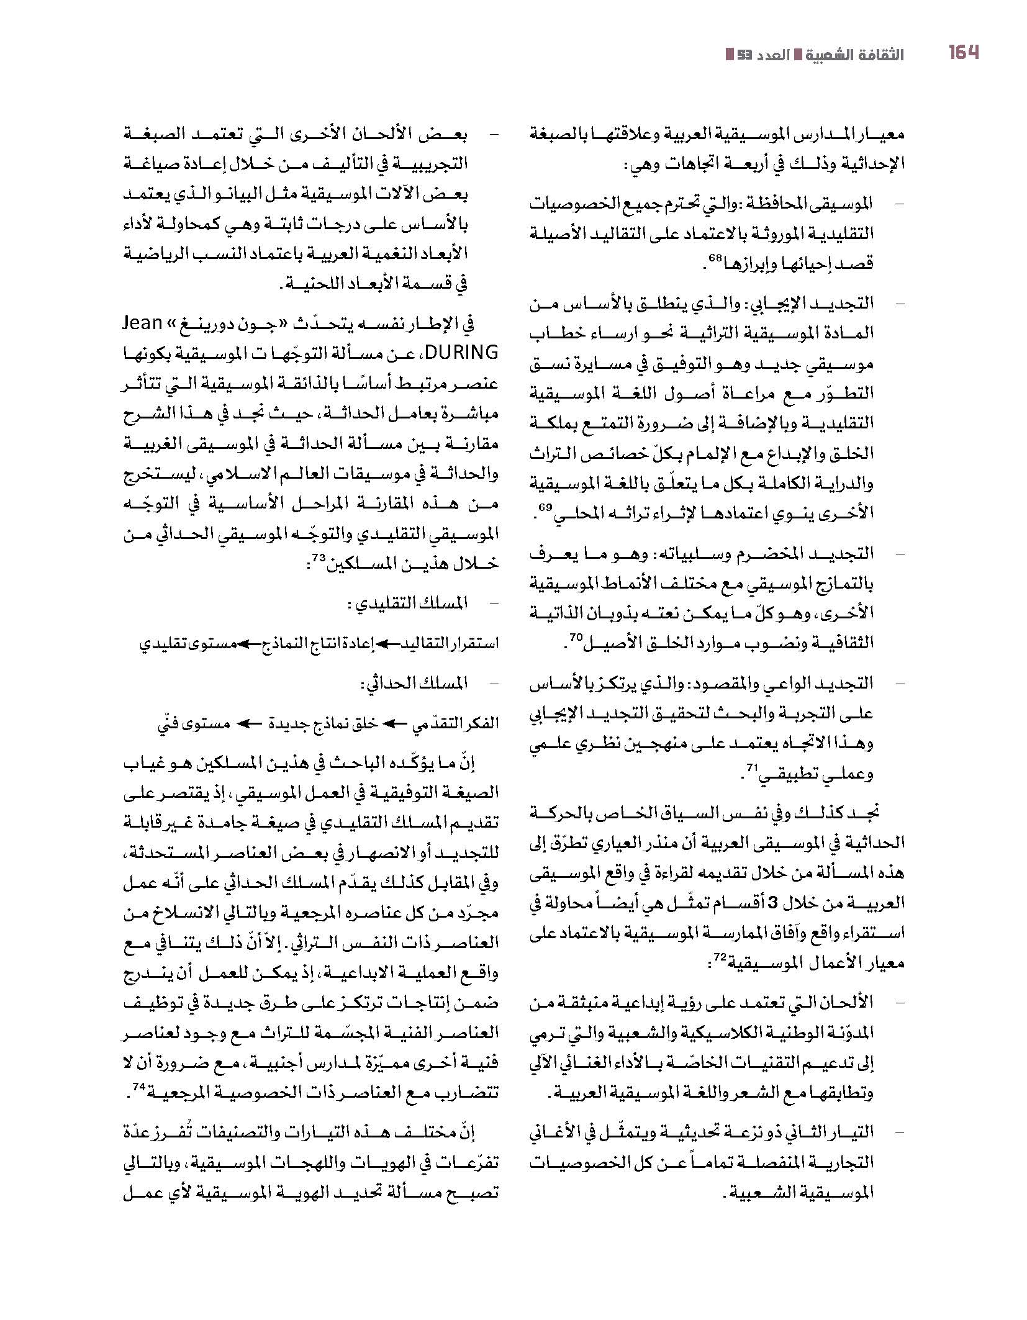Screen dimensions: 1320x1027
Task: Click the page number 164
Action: [x=963, y=53]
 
